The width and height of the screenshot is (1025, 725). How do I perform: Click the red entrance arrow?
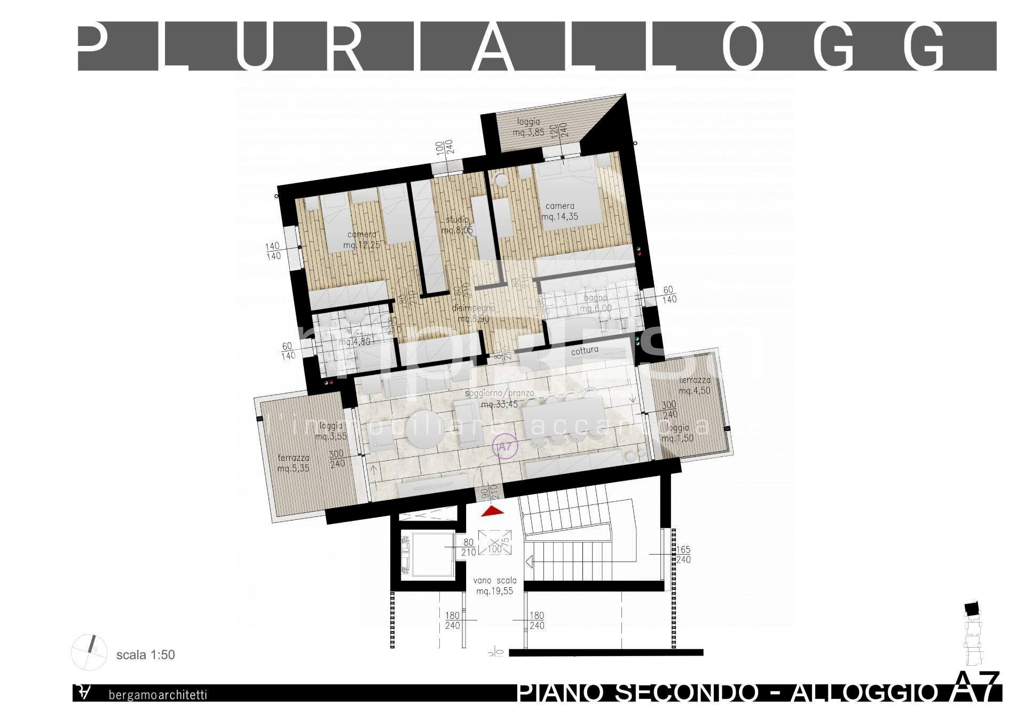(493, 511)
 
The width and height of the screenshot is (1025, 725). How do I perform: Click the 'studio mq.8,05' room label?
(457, 225)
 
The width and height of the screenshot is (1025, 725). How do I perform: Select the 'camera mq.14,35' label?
(559, 211)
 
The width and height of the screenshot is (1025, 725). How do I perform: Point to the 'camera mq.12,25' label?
(361, 240)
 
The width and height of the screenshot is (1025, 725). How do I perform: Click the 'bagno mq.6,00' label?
(595, 303)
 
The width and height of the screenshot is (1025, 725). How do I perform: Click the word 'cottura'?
(585, 351)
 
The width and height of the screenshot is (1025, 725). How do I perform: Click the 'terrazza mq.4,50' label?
(695, 385)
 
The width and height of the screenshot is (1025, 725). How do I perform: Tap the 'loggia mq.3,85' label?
(528, 127)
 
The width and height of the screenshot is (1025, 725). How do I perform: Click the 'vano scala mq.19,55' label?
(495, 586)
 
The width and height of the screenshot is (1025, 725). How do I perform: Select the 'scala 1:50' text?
(145, 655)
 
